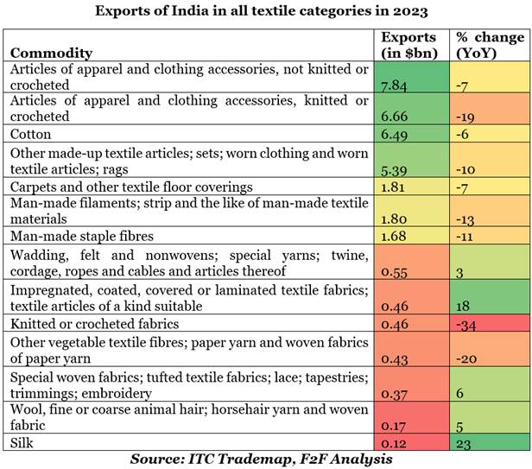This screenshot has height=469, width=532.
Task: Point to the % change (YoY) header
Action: [x=490, y=45]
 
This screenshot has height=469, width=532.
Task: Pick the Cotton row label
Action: [x=31, y=135]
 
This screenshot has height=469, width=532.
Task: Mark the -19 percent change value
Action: [x=465, y=116]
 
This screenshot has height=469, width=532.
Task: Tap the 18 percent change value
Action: [x=462, y=306]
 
